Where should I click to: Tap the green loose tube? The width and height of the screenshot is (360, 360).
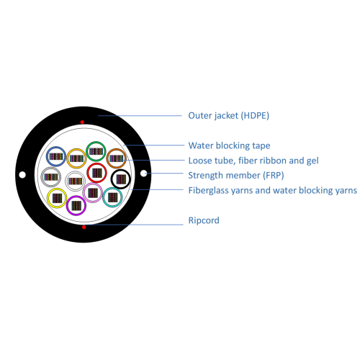96,142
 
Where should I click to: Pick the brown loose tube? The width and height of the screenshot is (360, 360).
117,149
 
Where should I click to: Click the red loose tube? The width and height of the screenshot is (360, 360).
96,163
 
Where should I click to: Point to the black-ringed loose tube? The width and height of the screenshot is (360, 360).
121,170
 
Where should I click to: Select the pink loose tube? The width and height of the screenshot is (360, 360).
93,184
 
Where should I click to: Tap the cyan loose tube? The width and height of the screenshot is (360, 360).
112,188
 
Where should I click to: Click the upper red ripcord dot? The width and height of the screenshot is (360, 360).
82,122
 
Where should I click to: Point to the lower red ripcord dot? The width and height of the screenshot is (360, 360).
84,227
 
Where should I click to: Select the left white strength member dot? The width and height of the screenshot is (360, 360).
22,175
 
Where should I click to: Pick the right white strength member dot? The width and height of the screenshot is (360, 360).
143,173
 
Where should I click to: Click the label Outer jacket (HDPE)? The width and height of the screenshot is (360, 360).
228,116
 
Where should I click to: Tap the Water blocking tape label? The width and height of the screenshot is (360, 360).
229,145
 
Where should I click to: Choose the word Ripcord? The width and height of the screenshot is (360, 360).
204,220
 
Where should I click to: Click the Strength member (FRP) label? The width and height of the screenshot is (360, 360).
236,176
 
